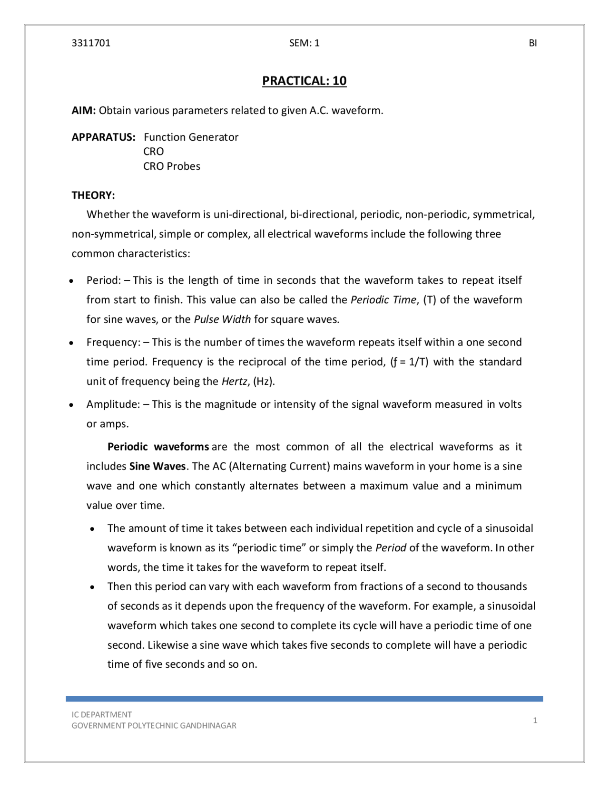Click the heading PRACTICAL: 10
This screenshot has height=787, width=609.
[304, 81]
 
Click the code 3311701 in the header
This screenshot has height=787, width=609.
[91, 43]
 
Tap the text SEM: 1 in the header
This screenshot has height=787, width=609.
[304, 43]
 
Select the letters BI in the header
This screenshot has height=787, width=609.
[533, 43]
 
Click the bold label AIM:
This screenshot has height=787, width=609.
[84, 111]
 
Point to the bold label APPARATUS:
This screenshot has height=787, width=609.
[103, 137]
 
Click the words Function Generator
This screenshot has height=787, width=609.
[191, 137]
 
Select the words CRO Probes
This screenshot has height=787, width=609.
[172, 166]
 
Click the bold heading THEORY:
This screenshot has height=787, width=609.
[93, 195]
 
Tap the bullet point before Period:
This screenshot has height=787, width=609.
[71, 281]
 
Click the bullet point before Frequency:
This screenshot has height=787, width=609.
[71, 343]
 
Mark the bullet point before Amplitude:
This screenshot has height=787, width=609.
[71, 405]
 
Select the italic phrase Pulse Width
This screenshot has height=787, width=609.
[222, 319]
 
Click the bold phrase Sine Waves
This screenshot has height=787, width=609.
[157, 466]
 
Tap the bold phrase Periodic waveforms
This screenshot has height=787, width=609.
[158, 447]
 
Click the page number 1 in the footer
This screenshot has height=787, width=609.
[535, 720]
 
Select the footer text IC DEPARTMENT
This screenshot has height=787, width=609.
[101, 714]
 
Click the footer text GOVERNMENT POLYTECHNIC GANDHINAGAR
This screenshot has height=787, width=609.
[154, 726]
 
